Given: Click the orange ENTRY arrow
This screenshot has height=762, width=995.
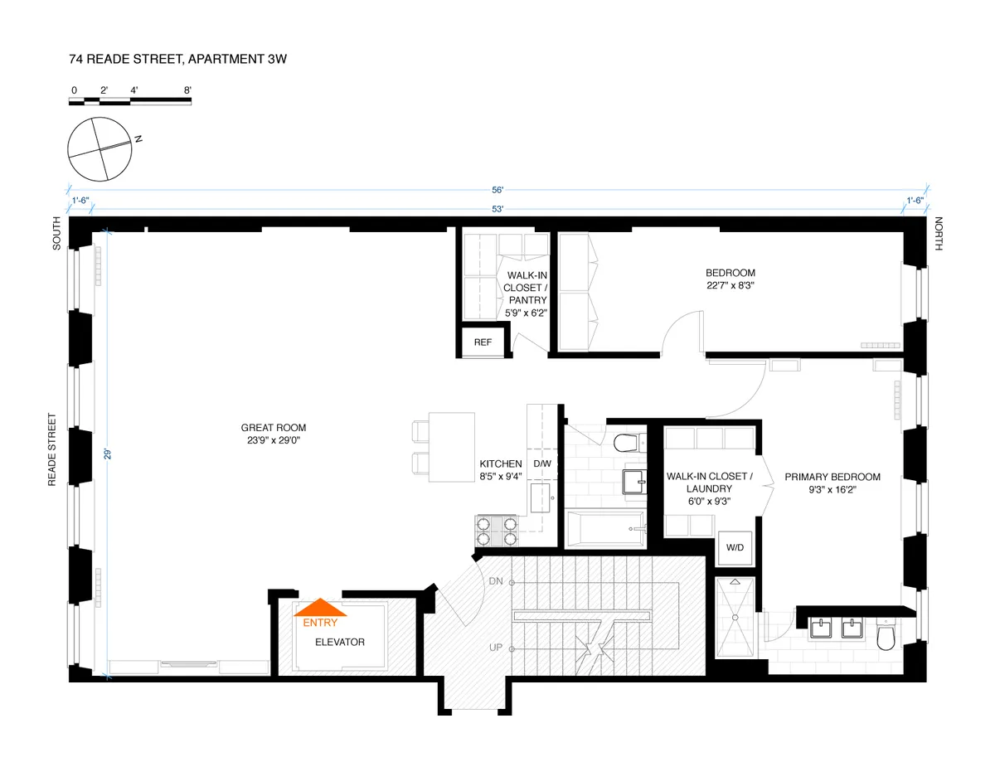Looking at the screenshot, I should tap(320, 609).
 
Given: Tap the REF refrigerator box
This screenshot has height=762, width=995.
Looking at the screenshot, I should tap(483, 342).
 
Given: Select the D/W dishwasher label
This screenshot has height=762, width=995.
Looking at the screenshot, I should tap(542, 464).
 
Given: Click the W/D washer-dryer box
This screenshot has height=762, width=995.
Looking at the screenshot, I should tap(735, 547).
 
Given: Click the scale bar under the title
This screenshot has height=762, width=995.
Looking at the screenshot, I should tap(130, 101).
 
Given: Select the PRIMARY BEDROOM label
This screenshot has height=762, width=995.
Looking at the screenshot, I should tap(832, 477).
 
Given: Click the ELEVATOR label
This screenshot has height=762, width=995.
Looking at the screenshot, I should tap(339, 642).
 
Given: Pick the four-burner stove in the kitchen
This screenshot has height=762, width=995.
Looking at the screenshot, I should tap(495, 530).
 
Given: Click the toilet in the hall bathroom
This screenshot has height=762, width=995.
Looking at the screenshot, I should tap(629, 441).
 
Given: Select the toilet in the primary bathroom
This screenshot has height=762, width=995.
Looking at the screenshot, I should tap(886, 636).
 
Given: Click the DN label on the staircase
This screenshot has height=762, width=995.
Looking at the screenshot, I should tap(497, 580).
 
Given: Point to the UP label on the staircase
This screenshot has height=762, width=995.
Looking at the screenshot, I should tap(497, 648).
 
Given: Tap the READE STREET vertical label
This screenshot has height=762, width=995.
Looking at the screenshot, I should tap(52, 449).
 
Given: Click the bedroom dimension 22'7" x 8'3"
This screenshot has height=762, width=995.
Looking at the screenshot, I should tap(730, 285).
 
